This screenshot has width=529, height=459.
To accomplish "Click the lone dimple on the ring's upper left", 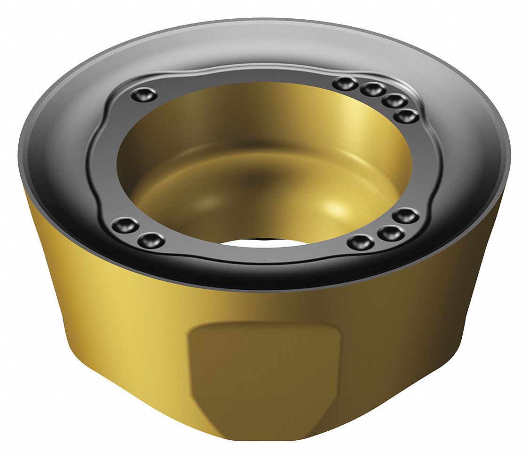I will tap(144, 95).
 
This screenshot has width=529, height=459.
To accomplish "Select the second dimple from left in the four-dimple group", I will tap(374, 89).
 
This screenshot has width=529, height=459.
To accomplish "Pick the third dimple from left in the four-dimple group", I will tap(395, 101).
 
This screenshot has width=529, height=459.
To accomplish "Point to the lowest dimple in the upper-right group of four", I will tap(406, 116).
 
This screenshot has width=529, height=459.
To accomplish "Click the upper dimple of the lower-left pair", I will tap(126, 225).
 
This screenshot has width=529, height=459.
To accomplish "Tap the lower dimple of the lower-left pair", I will tap(151, 241).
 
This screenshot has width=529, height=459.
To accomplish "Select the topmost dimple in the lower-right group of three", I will tap(406, 216).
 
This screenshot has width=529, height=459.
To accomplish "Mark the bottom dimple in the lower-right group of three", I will tap(361, 242).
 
